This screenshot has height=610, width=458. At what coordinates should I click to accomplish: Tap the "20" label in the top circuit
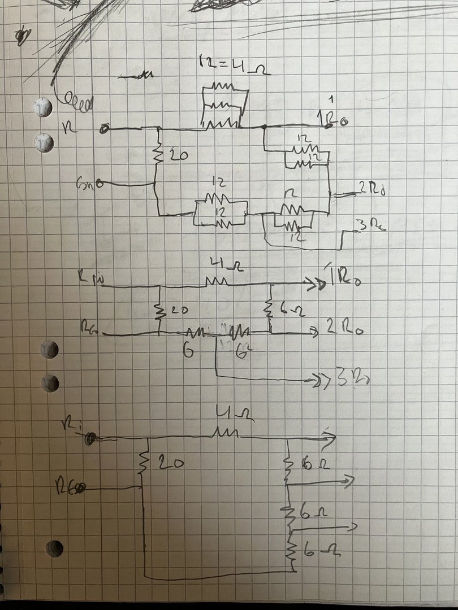178,156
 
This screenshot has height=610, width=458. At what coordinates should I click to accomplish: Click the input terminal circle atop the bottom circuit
89,439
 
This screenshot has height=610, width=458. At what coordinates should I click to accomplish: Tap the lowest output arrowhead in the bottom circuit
353,527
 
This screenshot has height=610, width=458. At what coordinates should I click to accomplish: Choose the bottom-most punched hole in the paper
55,548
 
